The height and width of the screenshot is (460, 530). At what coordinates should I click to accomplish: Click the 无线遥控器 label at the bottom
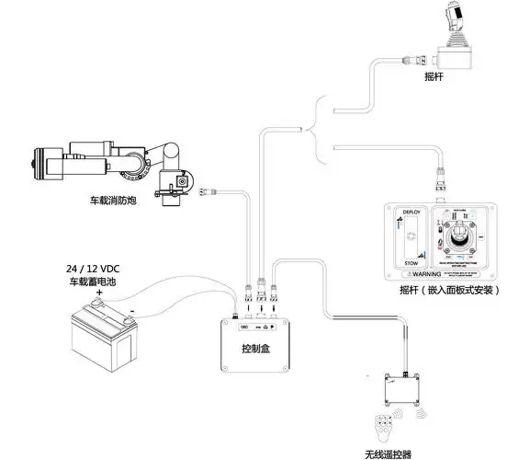click(x=389, y=452)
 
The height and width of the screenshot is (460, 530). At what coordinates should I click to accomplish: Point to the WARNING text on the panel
click(x=442, y=274)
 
